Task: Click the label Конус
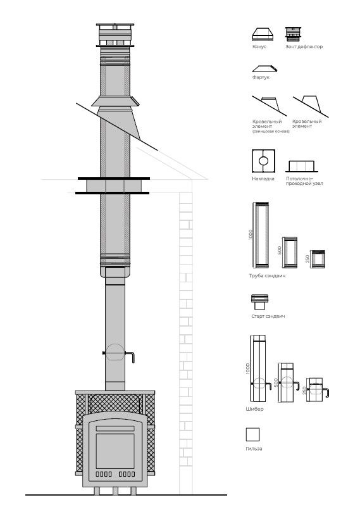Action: (259, 47)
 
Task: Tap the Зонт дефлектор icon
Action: (293, 34)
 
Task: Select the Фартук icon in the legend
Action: (264, 68)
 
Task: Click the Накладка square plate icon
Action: (263, 161)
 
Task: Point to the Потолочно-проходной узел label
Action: (304, 181)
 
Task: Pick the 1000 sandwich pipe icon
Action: (261, 235)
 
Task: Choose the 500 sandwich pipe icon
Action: (290, 253)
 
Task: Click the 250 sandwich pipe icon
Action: (317, 259)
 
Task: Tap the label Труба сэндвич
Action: (267, 276)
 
